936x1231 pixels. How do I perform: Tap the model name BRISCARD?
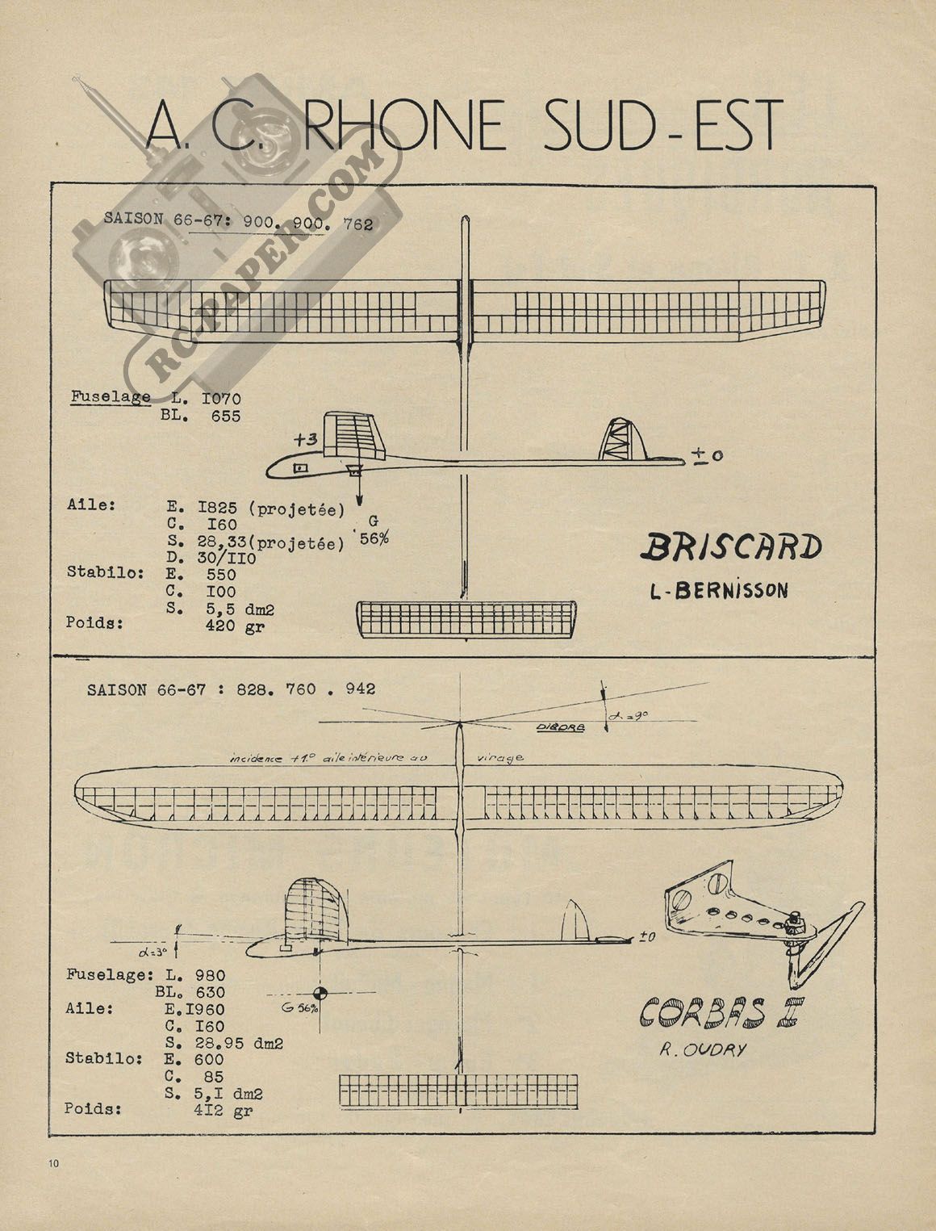click(x=730, y=548)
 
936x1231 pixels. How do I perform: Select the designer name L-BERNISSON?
click(x=719, y=590)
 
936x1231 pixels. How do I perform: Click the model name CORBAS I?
click(x=719, y=1011)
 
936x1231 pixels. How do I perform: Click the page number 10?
click(x=54, y=1163)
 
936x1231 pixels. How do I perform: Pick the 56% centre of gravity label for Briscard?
click(x=374, y=539)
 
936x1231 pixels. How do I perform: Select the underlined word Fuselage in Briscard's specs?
click(x=111, y=397)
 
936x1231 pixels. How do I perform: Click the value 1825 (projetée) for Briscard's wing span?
click(x=271, y=509)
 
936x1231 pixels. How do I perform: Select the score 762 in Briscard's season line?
click(x=357, y=225)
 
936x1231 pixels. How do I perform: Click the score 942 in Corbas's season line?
click(x=359, y=689)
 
